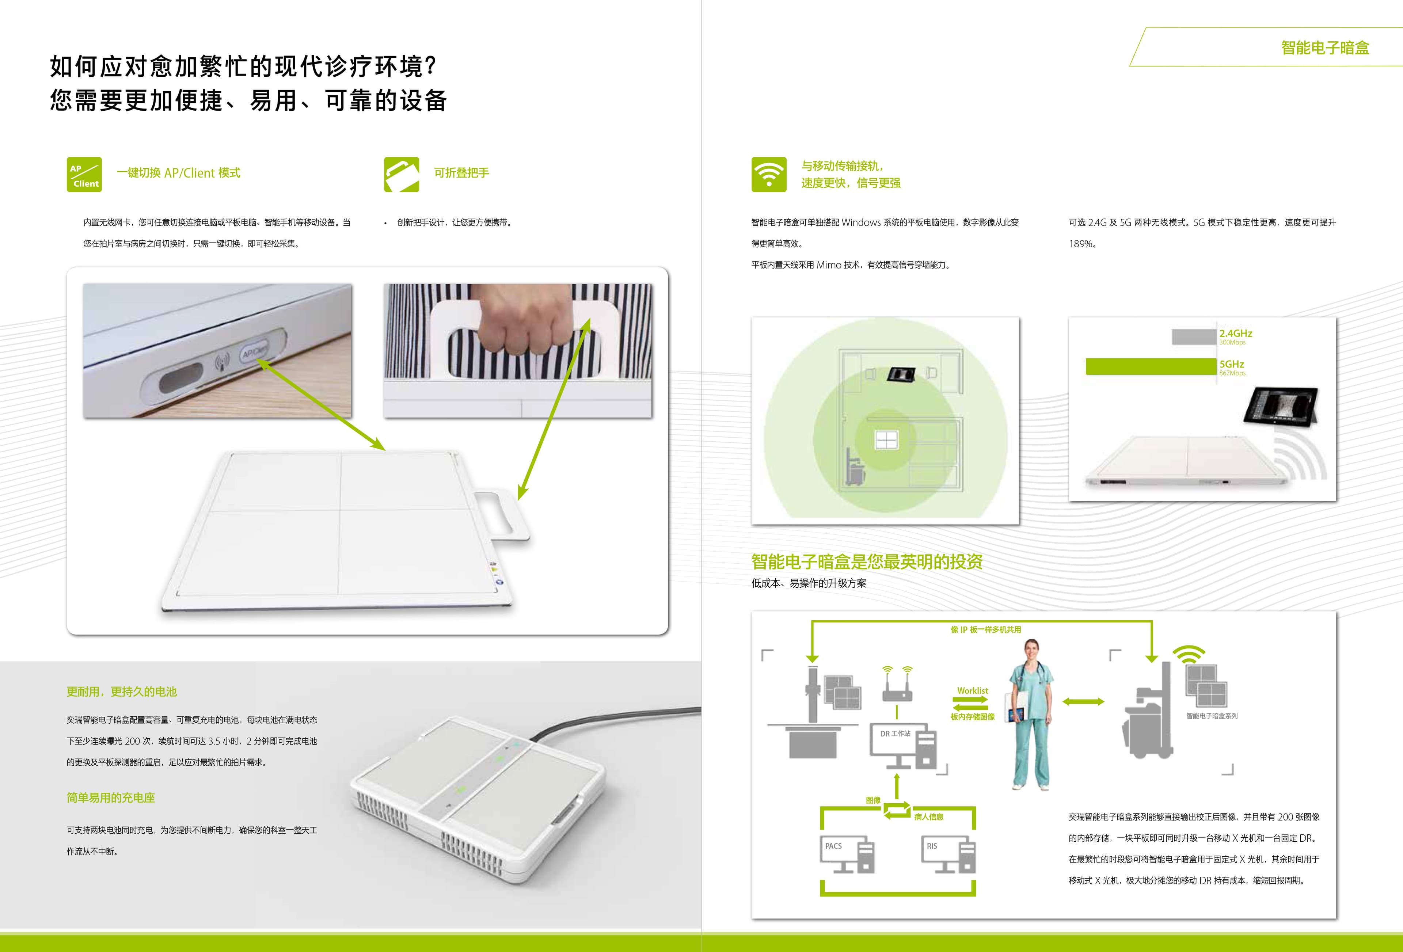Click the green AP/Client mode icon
pos(84,175)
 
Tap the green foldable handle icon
pos(402,175)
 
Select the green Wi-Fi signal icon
pos(768,175)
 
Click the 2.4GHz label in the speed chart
pos(1235,333)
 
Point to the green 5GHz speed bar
pos(1151,366)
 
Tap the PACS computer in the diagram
pos(847,855)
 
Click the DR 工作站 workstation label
pos(895,734)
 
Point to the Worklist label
pos(972,690)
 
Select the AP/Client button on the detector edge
pos(254,351)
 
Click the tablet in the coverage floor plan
pos(901,374)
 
